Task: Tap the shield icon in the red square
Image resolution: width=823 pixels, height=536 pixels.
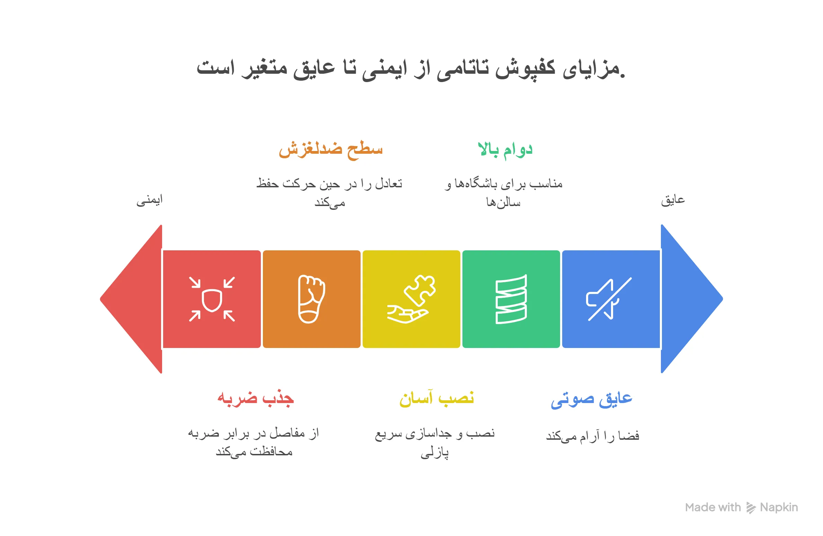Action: [x=212, y=300]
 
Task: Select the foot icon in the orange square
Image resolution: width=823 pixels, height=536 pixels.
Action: [x=311, y=300]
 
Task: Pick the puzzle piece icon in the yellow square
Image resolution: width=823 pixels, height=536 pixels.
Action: [x=411, y=300]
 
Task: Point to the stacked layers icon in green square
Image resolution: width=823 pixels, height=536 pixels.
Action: [x=511, y=300]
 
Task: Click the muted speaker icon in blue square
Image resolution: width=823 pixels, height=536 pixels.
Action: [x=609, y=300]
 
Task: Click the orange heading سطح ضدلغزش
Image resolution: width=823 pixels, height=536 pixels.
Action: [x=330, y=150]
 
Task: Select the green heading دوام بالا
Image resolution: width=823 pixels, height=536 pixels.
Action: [x=505, y=150]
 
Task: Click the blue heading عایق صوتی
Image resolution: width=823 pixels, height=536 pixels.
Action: [x=592, y=400]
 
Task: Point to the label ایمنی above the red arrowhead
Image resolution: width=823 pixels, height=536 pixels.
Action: [x=149, y=200]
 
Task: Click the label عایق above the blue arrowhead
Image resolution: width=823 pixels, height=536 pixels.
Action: [x=673, y=200]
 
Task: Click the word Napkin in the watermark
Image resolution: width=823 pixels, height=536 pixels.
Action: [x=779, y=508]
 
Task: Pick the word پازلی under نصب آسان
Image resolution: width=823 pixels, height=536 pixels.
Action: [x=435, y=453]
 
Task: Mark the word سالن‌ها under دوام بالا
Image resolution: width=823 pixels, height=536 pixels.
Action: [x=503, y=203]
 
